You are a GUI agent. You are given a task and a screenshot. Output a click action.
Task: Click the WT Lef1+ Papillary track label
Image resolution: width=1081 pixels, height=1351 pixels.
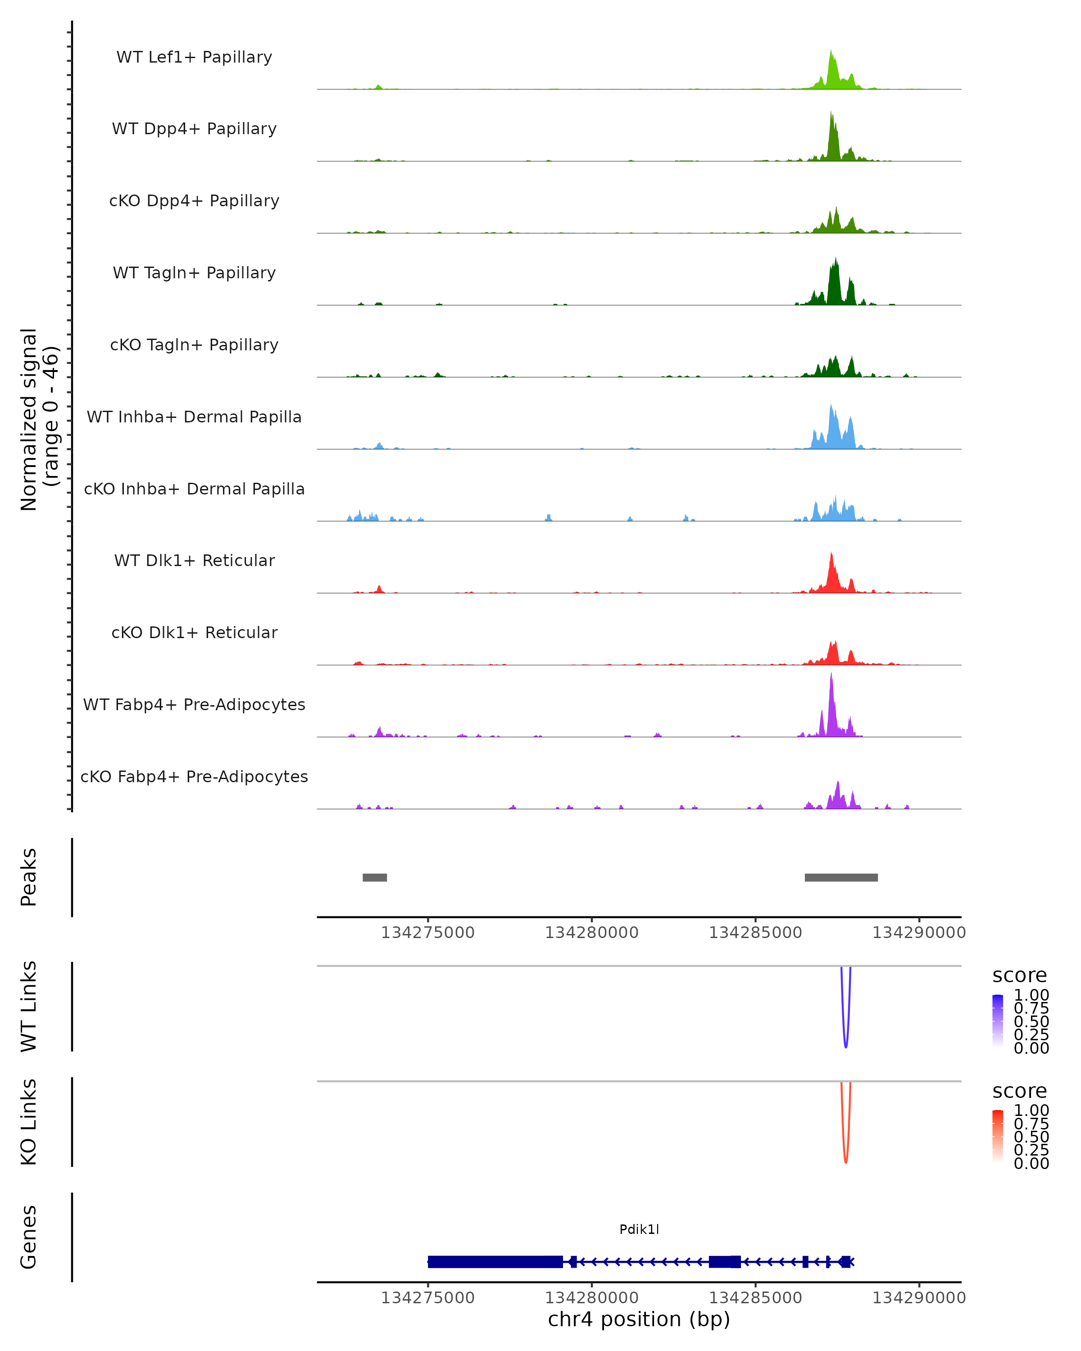tap(194, 57)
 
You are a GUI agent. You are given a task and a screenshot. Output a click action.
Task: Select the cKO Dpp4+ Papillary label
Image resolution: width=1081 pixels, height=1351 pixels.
tap(194, 201)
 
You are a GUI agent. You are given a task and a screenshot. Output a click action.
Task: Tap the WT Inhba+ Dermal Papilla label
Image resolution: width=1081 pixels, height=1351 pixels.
tap(194, 417)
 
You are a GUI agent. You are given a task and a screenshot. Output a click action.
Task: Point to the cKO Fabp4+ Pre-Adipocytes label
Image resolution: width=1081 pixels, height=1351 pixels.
tap(194, 777)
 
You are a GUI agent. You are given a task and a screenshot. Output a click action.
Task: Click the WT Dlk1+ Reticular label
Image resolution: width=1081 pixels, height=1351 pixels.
tap(194, 561)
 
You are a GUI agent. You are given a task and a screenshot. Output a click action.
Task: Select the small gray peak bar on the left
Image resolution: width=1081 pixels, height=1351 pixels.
tap(375, 877)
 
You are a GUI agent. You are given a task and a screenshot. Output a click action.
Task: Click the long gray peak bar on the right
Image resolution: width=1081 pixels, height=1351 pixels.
tap(841, 877)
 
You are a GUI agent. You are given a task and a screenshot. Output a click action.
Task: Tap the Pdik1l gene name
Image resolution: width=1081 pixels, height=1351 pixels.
tap(639, 1229)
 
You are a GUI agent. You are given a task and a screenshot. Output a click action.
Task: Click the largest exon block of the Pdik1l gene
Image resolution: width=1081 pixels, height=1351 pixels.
tap(495, 1261)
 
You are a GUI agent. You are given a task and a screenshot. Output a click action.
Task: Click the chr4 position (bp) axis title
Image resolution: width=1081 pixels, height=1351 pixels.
tap(639, 1319)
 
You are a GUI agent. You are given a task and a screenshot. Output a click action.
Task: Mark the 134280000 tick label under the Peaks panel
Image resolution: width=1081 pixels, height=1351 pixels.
tap(591, 933)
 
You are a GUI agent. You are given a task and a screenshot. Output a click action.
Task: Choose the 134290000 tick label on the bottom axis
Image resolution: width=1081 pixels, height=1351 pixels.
tap(919, 1298)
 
